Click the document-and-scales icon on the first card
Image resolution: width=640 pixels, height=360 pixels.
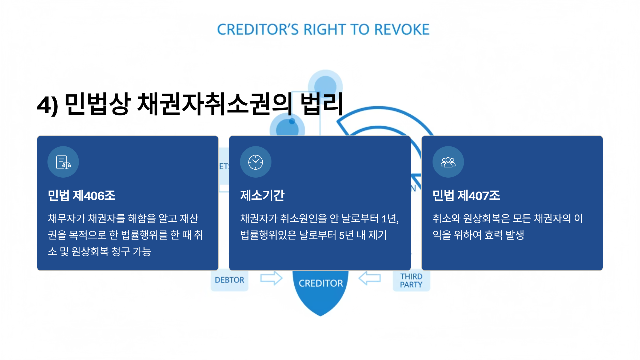(63, 162)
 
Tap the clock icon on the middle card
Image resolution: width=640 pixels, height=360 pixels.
(255, 162)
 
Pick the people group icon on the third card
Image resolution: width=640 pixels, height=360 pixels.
(448, 162)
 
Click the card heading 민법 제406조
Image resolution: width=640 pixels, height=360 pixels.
(81, 195)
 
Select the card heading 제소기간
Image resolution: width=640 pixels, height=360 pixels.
(262, 195)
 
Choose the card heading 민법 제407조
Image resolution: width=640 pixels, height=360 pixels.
(466, 195)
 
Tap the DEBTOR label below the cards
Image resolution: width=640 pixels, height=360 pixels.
(229, 280)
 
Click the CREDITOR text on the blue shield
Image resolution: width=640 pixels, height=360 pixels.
(321, 283)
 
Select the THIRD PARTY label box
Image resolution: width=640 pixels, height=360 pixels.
(411, 281)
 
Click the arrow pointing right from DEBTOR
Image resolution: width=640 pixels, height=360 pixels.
(271, 278)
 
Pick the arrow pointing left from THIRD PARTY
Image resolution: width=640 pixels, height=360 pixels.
(370, 278)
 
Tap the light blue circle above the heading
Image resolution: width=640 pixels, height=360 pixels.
(325, 86)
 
